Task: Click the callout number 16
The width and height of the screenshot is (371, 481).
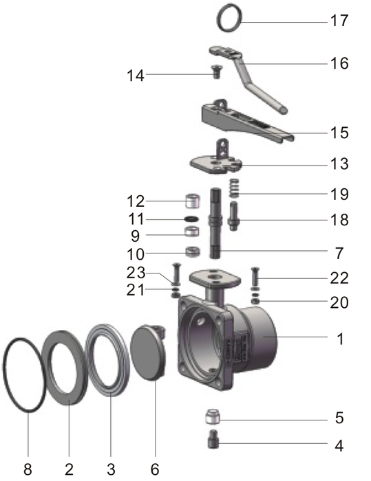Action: point(339,64)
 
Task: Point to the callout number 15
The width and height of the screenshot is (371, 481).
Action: point(339,132)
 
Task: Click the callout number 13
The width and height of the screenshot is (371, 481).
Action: point(339,165)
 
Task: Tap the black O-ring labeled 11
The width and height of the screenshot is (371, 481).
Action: point(192,219)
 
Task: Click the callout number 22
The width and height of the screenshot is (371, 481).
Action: point(339,278)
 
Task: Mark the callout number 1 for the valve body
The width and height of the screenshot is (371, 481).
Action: point(339,339)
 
